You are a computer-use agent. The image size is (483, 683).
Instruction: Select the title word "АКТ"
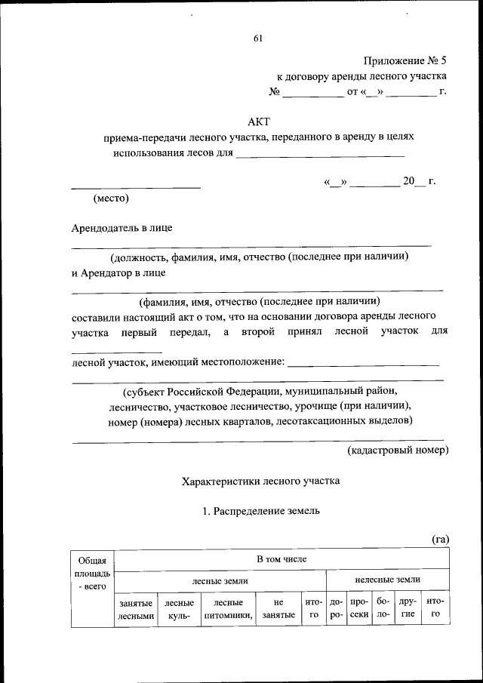pos(258,122)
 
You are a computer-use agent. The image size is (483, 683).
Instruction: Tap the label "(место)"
pos(112,199)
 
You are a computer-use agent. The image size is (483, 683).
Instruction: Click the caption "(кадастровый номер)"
pos(398,451)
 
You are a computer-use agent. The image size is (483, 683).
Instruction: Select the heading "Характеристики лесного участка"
pos(261,480)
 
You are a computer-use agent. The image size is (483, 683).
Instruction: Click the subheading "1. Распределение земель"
pos(261,511)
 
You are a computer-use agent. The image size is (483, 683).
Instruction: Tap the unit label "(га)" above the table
pos(440,538)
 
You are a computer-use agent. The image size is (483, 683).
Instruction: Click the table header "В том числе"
pos(281,558)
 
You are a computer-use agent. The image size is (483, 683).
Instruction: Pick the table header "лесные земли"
pos(220,580)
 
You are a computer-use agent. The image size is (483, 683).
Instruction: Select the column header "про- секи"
pos(359,609)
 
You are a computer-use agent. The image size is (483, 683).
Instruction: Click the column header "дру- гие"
pos(408,609)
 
